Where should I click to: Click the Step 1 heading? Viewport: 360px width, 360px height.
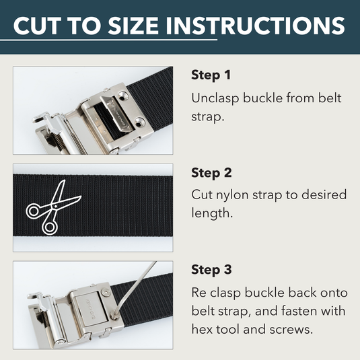(x=211, y=75)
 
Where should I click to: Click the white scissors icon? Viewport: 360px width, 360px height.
(x=52, y=207)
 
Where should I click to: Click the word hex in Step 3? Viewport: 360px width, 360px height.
(x=203, y=330)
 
